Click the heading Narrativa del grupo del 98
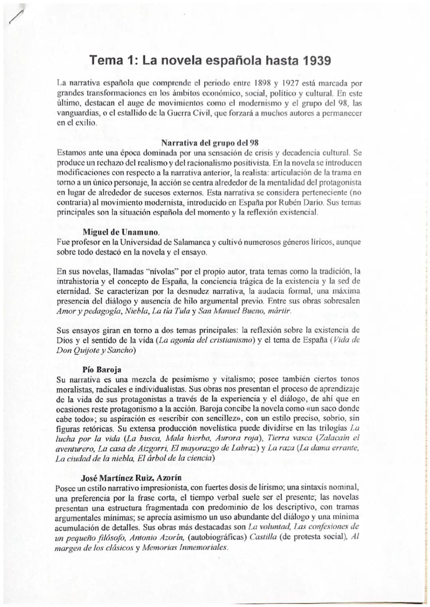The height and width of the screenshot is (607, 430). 210,143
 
